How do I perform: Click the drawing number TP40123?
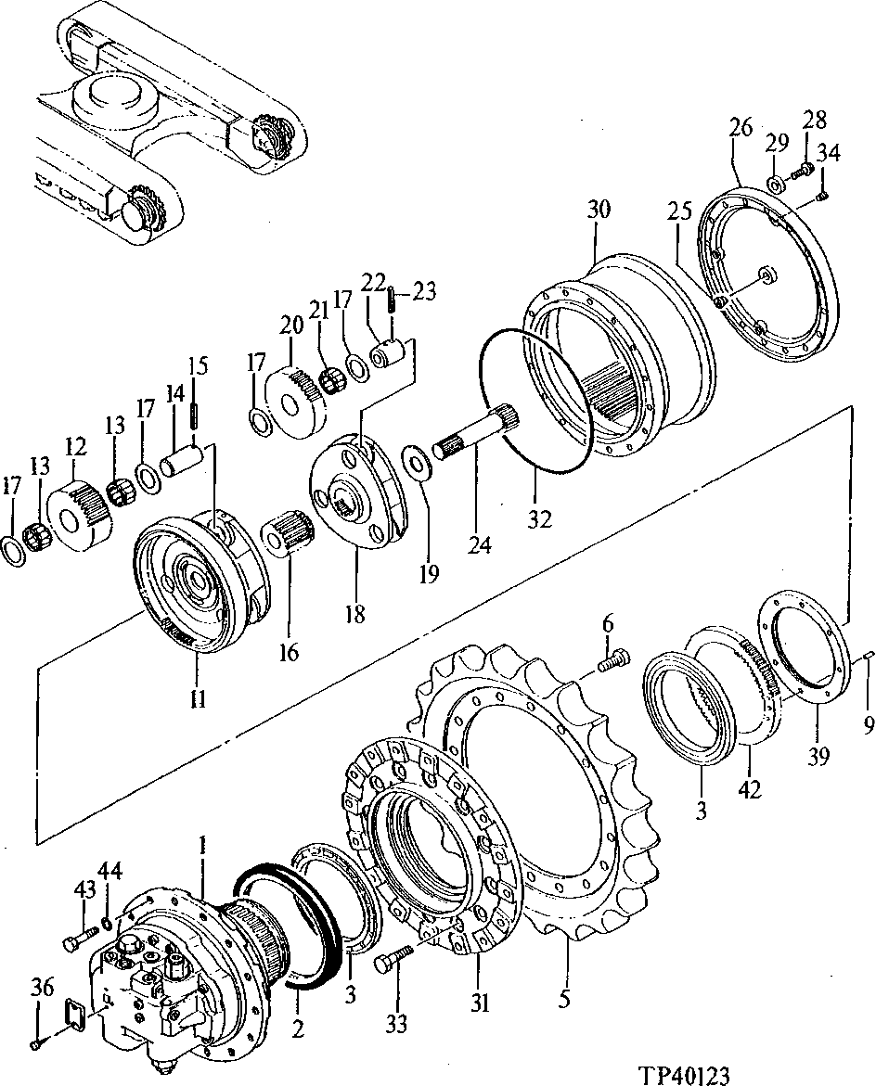coord(685,1074)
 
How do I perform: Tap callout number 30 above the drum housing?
coord(599,211)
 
